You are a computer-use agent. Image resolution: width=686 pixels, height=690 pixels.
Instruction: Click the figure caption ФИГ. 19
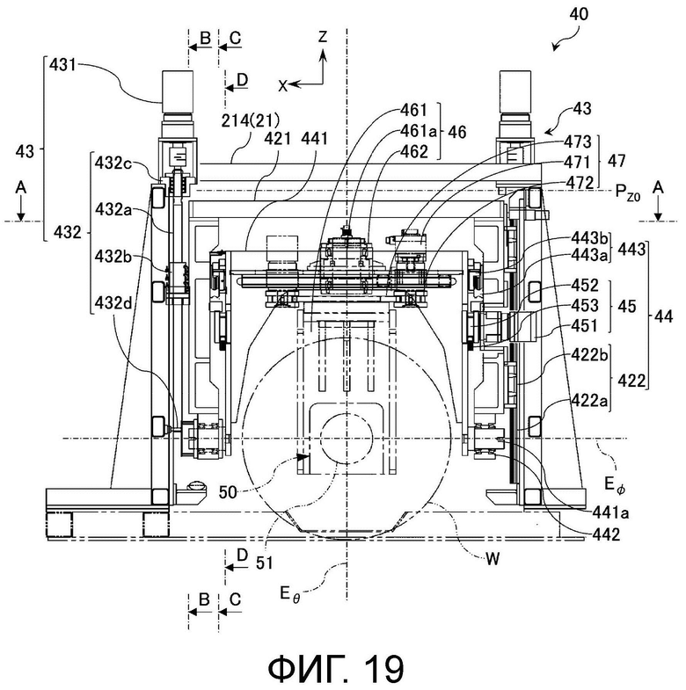336,668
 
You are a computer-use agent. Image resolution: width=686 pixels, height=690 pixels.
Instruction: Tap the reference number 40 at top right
579,15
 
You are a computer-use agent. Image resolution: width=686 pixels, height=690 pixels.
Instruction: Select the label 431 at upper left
62,65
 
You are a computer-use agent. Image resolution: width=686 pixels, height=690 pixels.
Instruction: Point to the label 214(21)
250,120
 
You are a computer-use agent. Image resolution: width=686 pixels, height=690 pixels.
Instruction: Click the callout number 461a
419,131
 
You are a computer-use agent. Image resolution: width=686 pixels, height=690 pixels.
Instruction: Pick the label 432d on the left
113,303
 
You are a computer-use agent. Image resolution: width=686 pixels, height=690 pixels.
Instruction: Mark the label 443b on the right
589,238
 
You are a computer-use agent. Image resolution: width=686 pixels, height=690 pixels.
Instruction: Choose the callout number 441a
609,512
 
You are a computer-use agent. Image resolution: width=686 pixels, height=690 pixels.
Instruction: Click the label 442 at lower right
606,534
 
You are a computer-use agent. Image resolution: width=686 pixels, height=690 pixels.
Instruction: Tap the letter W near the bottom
493,559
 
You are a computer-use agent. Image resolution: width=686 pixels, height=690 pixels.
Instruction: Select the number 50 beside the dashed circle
228,492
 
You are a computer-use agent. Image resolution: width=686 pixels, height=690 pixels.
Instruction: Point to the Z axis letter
323,37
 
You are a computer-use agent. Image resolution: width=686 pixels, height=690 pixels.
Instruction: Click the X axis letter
282,86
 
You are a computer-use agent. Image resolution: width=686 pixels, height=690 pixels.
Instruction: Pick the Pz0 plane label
627,192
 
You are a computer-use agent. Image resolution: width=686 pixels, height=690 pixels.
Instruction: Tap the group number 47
616,161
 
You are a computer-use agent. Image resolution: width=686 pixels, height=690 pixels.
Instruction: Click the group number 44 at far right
663,316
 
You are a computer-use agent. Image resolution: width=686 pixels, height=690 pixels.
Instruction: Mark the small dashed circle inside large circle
347,439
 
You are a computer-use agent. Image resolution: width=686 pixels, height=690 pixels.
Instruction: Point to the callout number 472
580,182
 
